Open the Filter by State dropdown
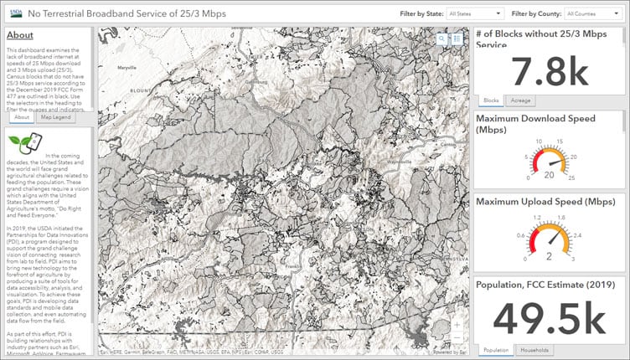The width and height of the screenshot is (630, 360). pos(474,13)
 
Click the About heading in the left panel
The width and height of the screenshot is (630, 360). pos(20,35)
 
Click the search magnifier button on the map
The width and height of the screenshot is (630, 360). pos(442,39)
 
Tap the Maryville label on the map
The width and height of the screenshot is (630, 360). pos(127,67)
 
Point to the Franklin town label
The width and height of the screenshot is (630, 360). pos(292,266)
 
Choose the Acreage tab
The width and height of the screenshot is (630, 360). pos(520,100)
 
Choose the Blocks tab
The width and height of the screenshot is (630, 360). pos(492,100)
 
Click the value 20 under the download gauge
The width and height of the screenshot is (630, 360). pos(549,174)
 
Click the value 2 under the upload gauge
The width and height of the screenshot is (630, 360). pos(549,255)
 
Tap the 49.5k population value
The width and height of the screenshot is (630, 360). pos(549,316)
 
